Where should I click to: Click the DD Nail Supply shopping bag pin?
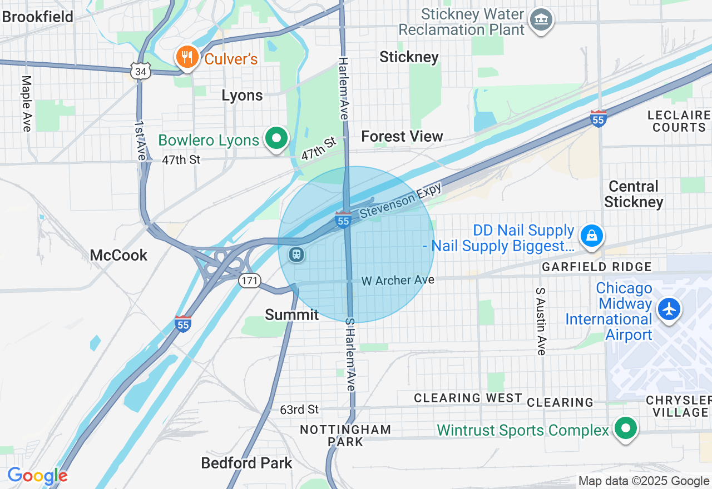pyautogui.click(x=592, y=236)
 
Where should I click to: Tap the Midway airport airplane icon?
pyautogui.click(x=669, y=309)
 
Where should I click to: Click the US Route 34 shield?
pyautogui.click(x=141, y=71)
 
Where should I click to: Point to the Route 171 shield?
pyautogui.click(x=250, y=281)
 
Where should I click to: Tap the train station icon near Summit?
pyautogui.click(x=296, y=255)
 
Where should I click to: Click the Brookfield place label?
pyautogui.click(x=38, y=17)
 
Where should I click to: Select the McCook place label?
pyautogui.click(x=119, y=255)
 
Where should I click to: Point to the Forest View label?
pyautogui.click(x=402, y=136)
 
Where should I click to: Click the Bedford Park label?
pyautogui.click(x=246, y=462)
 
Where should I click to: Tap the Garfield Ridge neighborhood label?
pyautogui.click(x=597, y=267)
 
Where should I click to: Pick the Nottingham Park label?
pyautogui.click(x=345, y=436)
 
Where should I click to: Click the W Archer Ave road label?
pyautogui.click(x=398, y=281)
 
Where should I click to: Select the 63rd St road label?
pyautogui.click(x=299, y=410)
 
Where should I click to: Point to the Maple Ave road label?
pyautogui.click(x=26, y=104)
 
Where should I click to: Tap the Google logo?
pyautogui.click(x=37, y=475)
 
